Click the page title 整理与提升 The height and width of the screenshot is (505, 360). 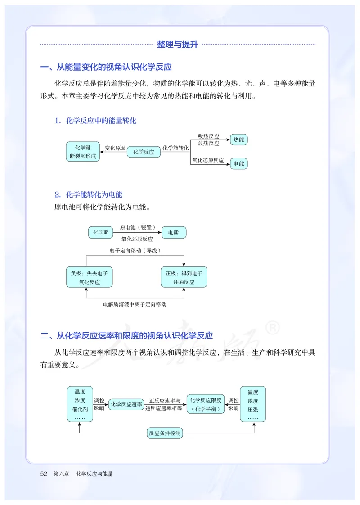click(x=177, y=44)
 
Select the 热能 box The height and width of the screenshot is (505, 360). click(x=238, y=140)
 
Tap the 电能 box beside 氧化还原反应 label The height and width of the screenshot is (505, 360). click(x=238, y=163)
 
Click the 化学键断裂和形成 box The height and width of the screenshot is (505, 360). click(x=83, y=152)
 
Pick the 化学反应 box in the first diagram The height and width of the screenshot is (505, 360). click(x=144, y=152)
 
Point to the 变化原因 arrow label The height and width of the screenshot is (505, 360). click(x=115, y=148)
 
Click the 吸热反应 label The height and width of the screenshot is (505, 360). click(x=209, y=136)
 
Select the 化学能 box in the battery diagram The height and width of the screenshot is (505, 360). click(x=101, y=232)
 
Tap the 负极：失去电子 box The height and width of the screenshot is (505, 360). click(x=89, y=277)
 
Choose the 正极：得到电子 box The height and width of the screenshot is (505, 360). click(x=184, y=277)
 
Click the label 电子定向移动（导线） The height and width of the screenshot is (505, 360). click(x=135, y=251)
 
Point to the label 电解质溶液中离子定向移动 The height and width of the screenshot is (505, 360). click(x=135, y=305)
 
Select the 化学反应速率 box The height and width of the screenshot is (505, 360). click(x=126, y=404)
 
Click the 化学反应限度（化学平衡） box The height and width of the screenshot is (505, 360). click(x=206, y=404)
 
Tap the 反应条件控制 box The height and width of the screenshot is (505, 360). click(x=165, y=433)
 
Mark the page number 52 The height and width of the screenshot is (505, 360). click(x=44, y=474)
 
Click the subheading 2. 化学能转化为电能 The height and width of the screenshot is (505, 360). click(x=88, y=194)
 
